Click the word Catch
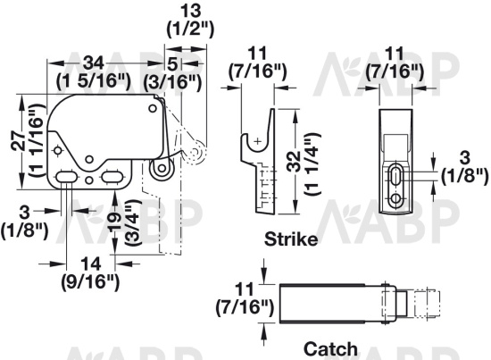pyautogui.click(x=330, y=349)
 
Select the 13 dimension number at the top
pyautogui.click(x=190, y=10)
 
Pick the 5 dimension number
pyautogui.click(x=172, y=63)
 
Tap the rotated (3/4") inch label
pyautogui.click(x=132, y=228)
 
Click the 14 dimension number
pyautogui.click(x=89, y=265)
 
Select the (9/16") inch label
pyautogui.click(x=89, y=283)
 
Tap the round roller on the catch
pyautogui.click(x=161, y=168)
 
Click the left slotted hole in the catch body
pyautogui.click(x=68, y=180)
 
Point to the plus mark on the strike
pyautogui.click(x=257, y=141)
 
